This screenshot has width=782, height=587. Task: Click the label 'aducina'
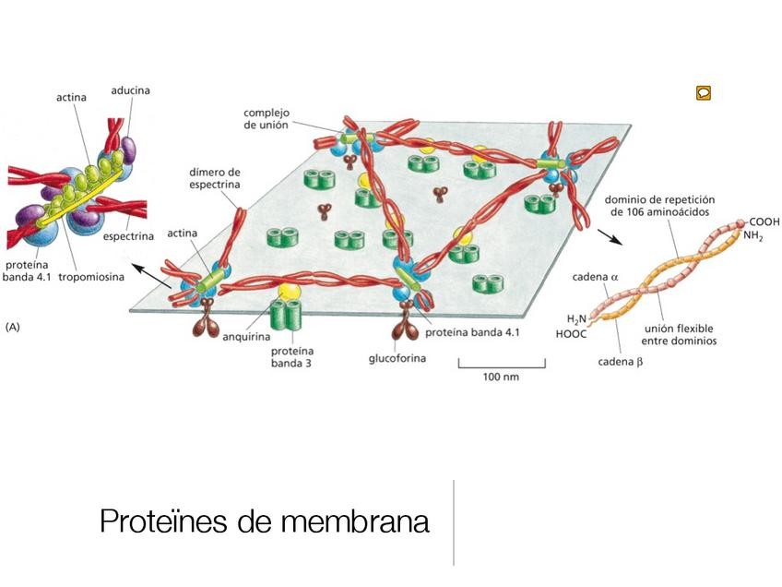(130, 90)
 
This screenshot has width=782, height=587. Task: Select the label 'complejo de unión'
(270, 118)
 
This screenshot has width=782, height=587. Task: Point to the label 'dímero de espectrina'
(215, 178)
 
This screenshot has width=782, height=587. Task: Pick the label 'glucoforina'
(397, 357)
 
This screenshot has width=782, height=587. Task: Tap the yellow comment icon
(703, 92)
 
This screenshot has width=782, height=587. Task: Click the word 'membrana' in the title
(359, 521)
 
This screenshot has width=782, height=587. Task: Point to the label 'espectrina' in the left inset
(127, 237)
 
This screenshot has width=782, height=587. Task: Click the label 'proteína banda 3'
(292, 357)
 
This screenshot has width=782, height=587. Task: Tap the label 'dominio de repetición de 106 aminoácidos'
(660, 205)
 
